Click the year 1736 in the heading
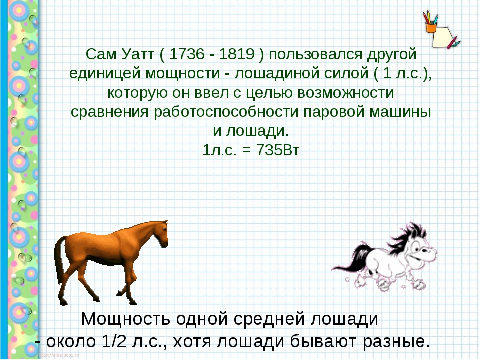tap(186, 54)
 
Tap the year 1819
tap(237, 54)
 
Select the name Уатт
tap(137, 54)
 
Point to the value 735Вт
tap(277, 150)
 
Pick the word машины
tap(400, 112)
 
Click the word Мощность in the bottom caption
tap(126, 318)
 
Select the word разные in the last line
tap(396, 341)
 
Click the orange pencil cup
tap(431, 28)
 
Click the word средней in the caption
tap(269, 318)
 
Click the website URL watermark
tap(59, 355)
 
